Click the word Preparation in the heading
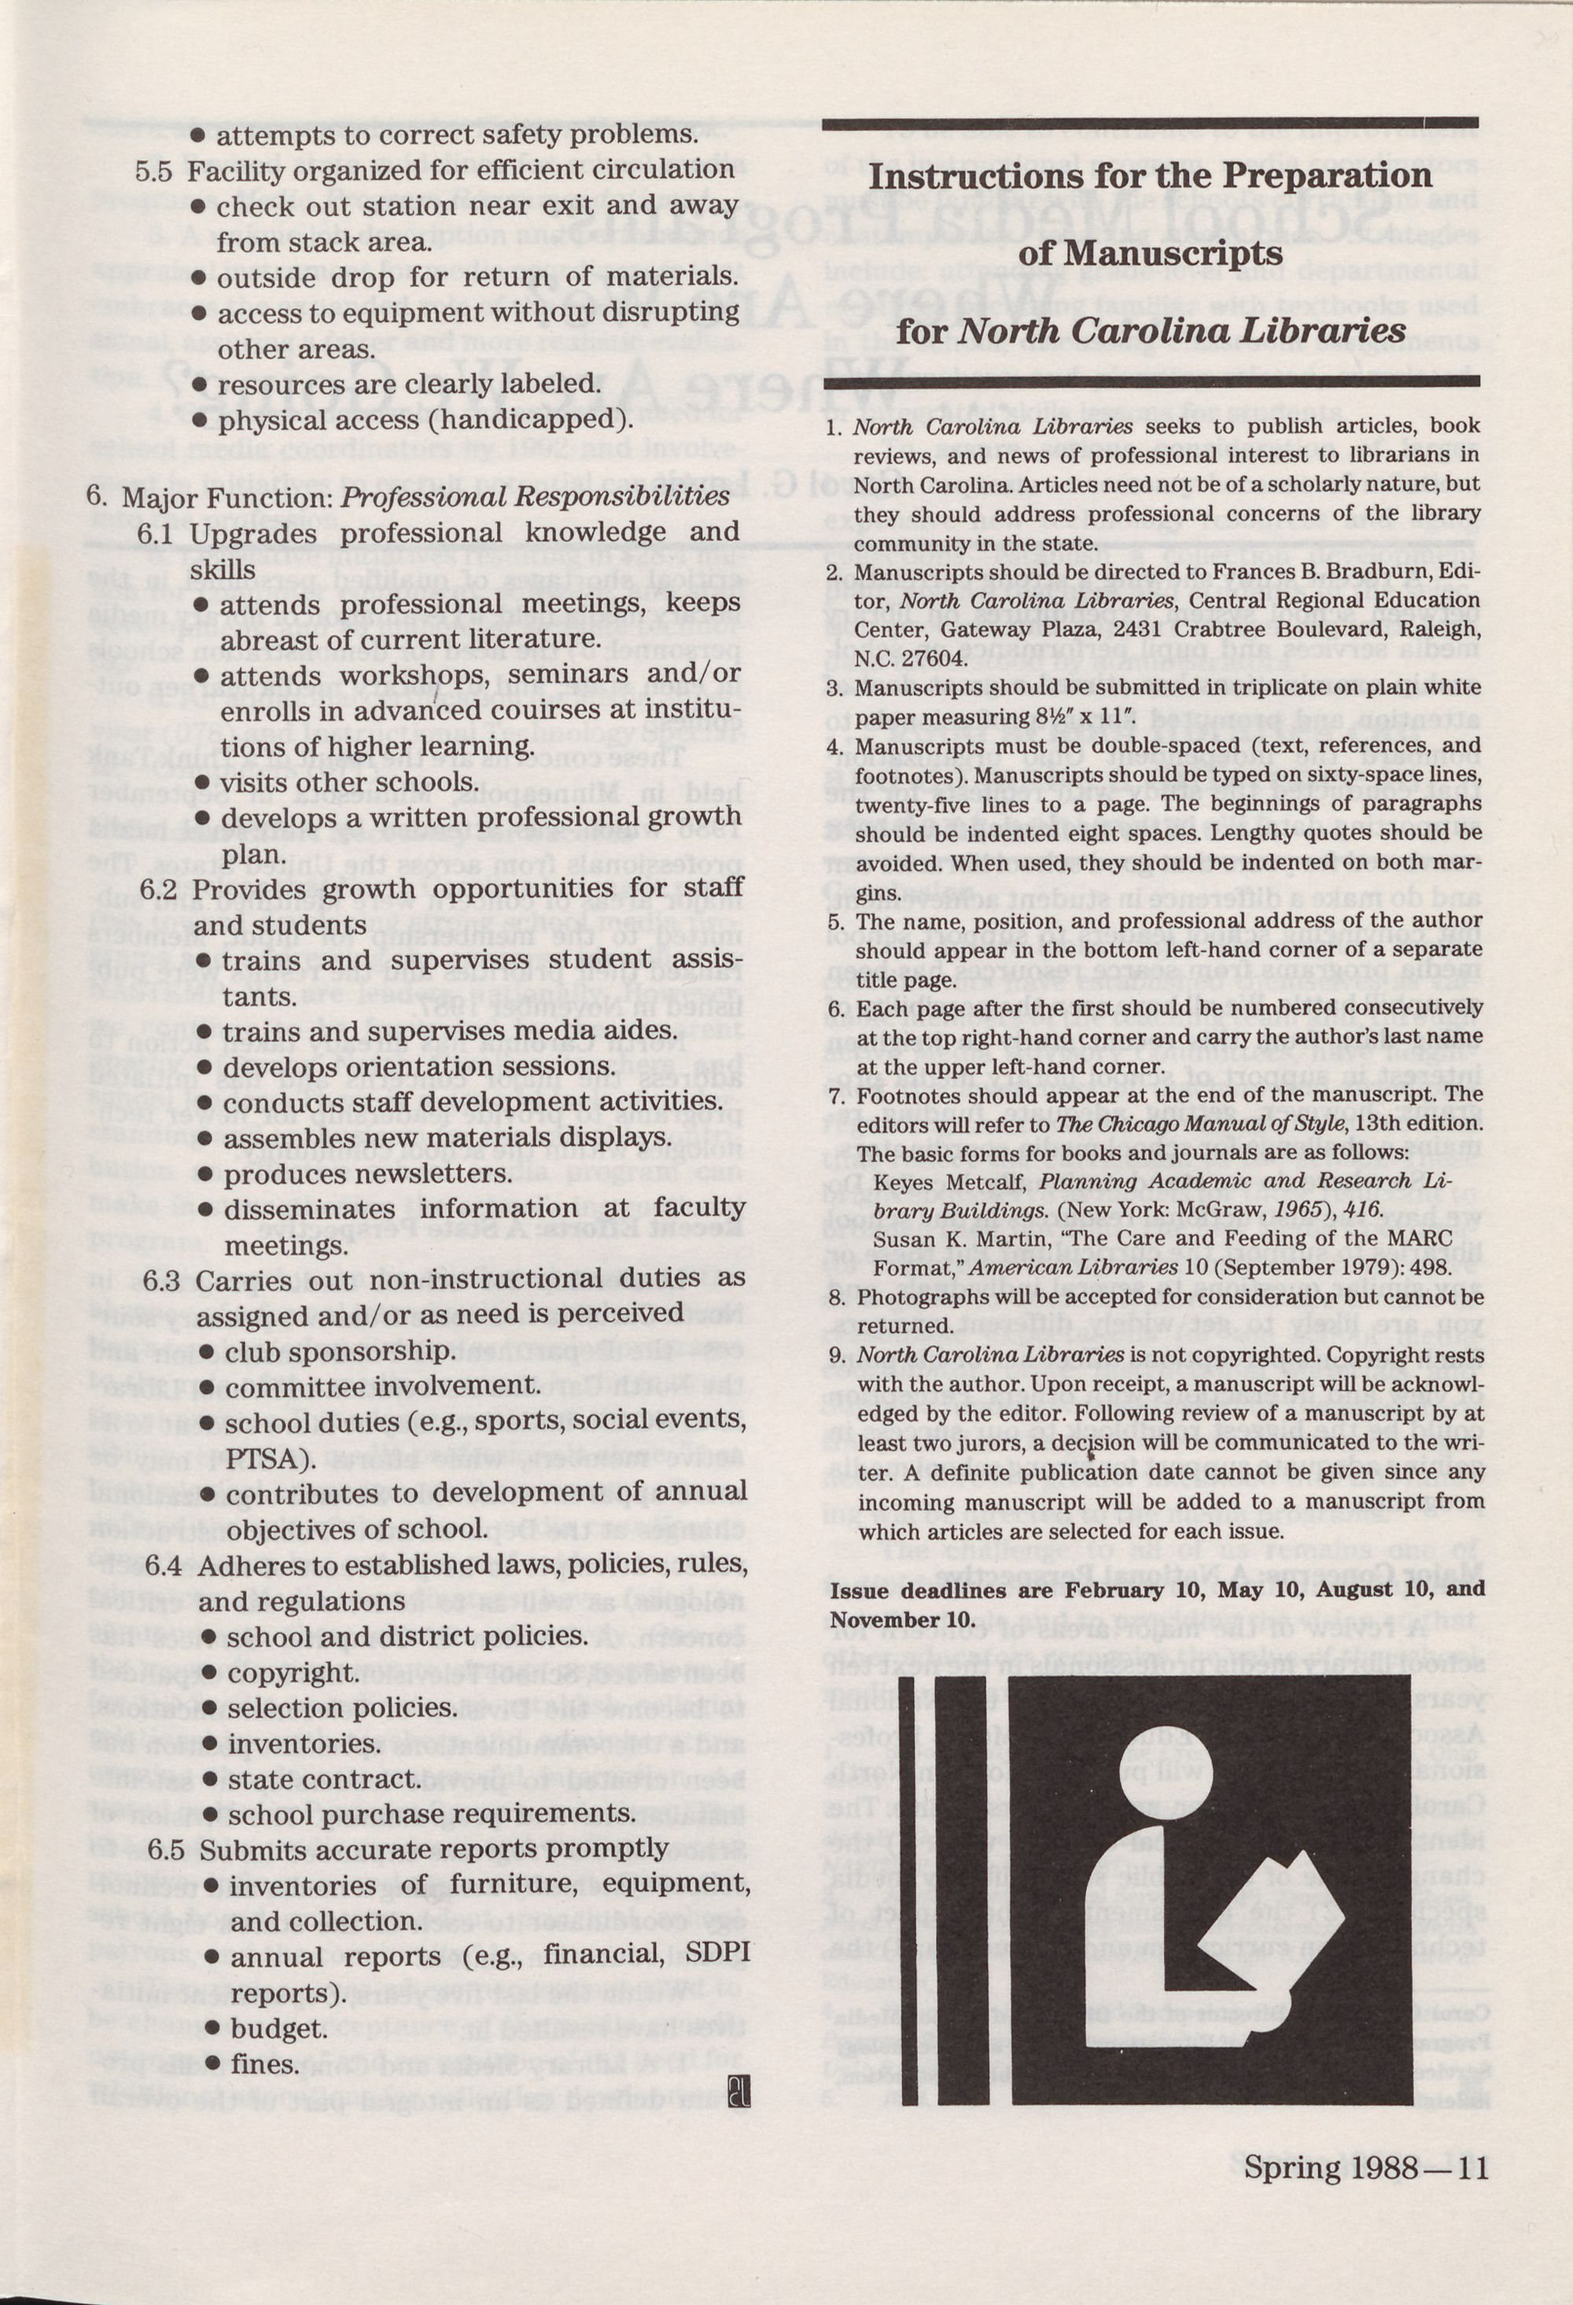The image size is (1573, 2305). (1327, 176)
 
